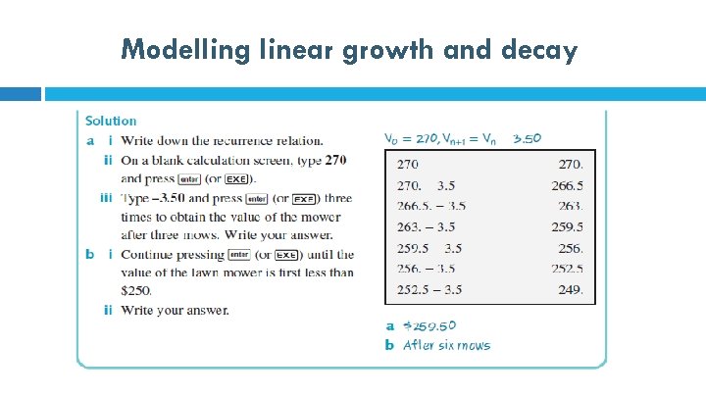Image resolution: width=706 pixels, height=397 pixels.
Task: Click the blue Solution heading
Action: [x=111, y=121]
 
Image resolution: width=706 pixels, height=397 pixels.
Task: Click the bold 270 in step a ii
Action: [x=334, y=160]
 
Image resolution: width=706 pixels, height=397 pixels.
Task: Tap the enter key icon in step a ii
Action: [x=190, y=179]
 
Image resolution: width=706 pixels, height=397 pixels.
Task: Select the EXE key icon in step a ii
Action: [x=236, y=179]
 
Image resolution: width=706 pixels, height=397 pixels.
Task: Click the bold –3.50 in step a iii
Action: [x=164, y=198]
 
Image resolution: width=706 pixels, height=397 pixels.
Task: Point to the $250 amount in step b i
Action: [x=136, y=290]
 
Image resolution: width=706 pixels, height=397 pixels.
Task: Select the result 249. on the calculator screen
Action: [x=569, y=289]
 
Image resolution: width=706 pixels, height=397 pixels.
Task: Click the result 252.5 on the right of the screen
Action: [x=566, y=269]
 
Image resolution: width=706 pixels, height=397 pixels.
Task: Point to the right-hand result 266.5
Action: [x=566, y=184]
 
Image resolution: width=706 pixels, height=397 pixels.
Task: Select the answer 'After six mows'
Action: [x=446, y=345]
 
